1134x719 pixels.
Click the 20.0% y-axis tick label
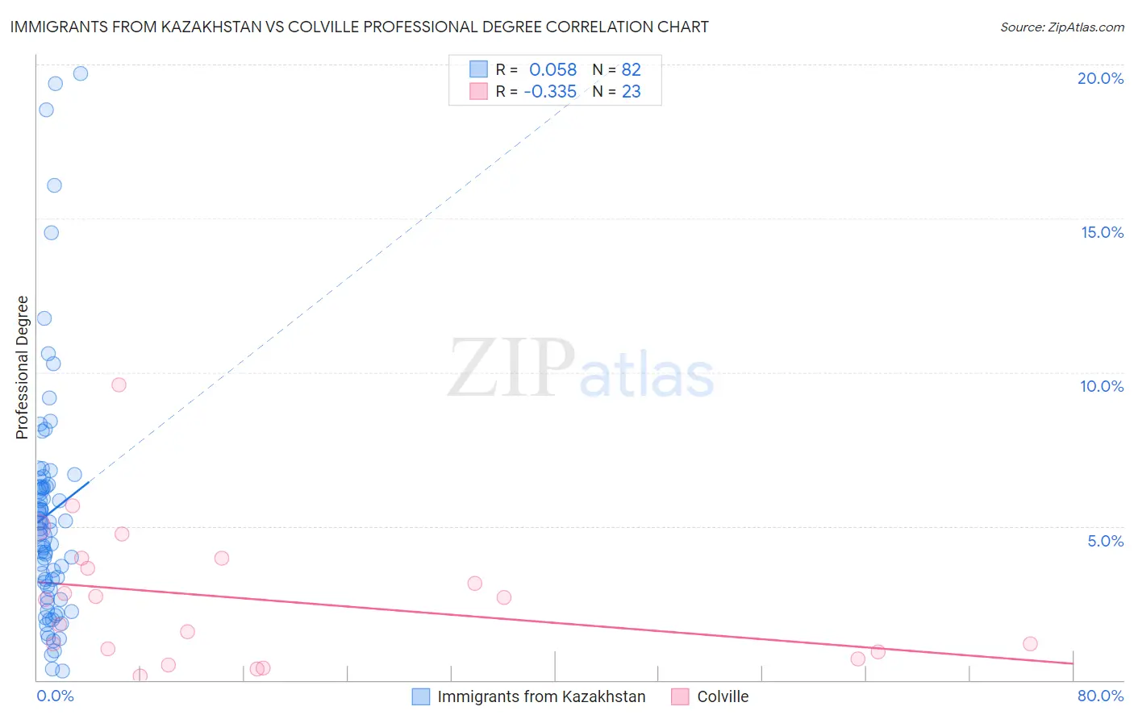coord(1100,78)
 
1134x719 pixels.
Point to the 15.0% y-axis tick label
coord(1102,232)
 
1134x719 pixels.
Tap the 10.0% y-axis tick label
coord(1102,386)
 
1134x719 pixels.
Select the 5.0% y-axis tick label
coord(1105,541)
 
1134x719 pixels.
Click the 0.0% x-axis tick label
coord(55,696)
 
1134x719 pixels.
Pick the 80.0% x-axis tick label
coord(1100,696)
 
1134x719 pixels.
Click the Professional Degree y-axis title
coord(22,368)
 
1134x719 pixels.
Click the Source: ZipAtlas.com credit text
coord(1061,27)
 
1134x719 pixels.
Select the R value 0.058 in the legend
coord(552,70)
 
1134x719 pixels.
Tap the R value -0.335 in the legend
coord(550,92)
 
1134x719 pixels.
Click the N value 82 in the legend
coord(631,70)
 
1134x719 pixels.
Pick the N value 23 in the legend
coord(631,92)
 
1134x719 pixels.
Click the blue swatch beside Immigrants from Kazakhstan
coord(421,696)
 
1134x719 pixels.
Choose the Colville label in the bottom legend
coord(723,696)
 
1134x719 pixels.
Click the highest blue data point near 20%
coord(81,73)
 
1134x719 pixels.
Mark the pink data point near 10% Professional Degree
coord(119,384)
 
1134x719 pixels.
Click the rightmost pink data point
coord(1030,643)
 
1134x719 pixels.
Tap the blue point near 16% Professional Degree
coord(54,185)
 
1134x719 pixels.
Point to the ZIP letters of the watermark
coord(511,368)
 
